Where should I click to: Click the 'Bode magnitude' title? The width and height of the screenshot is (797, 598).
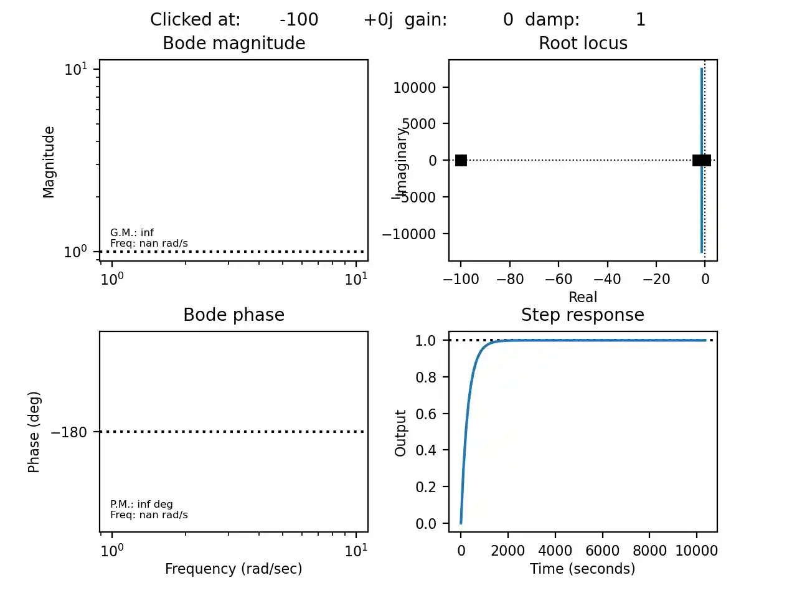tap(233, 43)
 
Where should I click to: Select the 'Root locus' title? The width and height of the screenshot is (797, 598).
tap(583, 43)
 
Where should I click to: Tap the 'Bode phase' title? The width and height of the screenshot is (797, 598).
tap(233, 315)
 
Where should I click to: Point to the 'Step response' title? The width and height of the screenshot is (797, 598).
tap(582, 315)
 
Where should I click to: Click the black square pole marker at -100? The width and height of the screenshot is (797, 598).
tap(461, 161)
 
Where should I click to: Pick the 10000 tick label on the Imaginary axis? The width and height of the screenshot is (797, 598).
tap(414, 88)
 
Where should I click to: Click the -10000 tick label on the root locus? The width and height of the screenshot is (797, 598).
tap(408, 234)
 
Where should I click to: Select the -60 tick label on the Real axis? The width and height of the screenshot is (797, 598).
tap(558, 279)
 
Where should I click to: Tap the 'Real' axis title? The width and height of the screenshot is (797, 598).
tap(582, 297)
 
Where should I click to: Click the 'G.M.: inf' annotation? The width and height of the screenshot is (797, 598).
tap(132, 232)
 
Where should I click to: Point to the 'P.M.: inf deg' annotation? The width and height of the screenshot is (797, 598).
tap(141, 504)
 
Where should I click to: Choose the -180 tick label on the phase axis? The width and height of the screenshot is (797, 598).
tap(68, 432)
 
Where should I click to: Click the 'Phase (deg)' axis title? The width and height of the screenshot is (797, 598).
tap(34, 432)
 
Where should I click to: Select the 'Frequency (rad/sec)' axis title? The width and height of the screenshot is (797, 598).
tap(233, 569)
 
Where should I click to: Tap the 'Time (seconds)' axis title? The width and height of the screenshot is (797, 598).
tap(582, 569)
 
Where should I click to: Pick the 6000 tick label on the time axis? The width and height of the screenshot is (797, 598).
tap(602, 551)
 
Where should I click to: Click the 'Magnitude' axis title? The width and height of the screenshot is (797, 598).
tap(49, 162)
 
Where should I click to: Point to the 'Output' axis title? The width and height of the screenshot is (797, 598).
tap(400, 433)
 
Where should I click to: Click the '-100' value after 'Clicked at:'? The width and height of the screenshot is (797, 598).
tap(299, 20)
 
